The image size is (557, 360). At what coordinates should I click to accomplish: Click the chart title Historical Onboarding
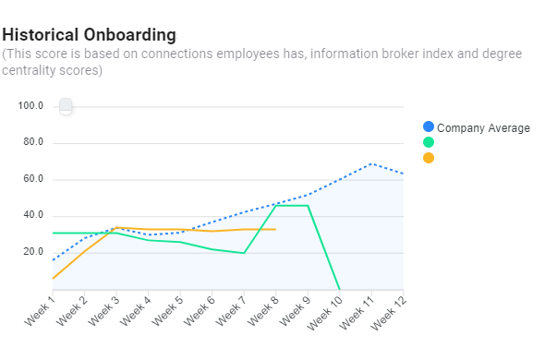[x=89, y=35]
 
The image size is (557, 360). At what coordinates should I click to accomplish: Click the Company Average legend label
[x=483, y=127]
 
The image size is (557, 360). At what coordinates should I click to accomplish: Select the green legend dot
[x=428, y=142]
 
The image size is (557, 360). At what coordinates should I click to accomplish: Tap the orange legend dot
[x=428, y=158]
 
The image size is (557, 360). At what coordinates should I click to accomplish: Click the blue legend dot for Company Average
[x=428, y=126]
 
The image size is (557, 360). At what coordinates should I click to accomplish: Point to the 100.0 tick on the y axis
[x=30, y=106]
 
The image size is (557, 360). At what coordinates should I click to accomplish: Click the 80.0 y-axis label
[x=32, y=142]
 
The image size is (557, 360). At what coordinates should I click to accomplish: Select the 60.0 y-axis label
[x=32, y=179]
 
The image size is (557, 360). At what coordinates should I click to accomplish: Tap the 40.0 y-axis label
[x=32, y=215]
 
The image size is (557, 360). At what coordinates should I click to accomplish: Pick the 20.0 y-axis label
[x=32, y=252]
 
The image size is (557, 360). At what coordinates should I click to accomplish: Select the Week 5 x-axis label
[x=166, y=312]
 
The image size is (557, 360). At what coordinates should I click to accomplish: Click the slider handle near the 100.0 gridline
[x=66, y=107]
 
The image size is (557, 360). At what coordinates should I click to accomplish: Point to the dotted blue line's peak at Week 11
[x=371, y=163]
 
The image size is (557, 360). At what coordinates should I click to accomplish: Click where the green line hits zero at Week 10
[x=340, y=289]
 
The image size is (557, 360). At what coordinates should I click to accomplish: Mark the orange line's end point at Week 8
[x=276, y=229]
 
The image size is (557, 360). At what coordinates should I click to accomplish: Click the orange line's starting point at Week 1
[x=53, y=279]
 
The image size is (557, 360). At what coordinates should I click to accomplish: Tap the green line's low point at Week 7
[x=244, y=253]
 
